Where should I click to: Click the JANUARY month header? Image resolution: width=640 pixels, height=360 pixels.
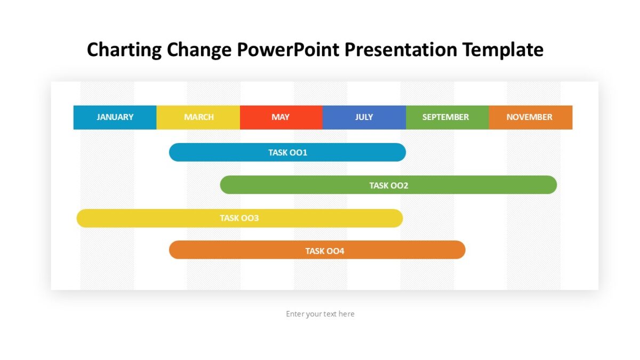(x=115, y=117)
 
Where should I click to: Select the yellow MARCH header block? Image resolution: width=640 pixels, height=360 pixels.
(x=198, y=117)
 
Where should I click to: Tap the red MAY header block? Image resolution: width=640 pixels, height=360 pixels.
(x=281, y=117)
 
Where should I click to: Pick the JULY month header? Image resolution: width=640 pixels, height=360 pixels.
(x=364, y=117)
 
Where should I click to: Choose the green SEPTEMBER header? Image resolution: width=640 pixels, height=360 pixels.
(x=446, y=117)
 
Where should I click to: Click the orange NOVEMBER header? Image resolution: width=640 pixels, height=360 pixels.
(x=530, y=117)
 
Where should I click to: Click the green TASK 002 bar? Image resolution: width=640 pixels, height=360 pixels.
(x=480, y=185)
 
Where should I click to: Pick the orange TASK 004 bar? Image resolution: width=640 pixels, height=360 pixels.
(x=405, y=250)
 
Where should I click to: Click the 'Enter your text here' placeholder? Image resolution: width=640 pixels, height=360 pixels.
(x=320, y=314)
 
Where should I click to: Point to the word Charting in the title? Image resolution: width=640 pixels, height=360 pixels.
(x=124, y=50)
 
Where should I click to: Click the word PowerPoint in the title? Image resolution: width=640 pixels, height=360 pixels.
(x=289, y=50)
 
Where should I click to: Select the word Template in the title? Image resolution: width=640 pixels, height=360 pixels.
(x=503, y=50)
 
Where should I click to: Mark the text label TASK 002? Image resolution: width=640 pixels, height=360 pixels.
(x=389, y=186)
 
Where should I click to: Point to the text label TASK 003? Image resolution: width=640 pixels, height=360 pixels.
(x=239, y=218)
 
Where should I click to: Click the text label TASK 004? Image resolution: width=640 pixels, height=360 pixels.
(x=325, y=251)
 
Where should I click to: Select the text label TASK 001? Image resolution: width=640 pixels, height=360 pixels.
(x=287, y=153)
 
